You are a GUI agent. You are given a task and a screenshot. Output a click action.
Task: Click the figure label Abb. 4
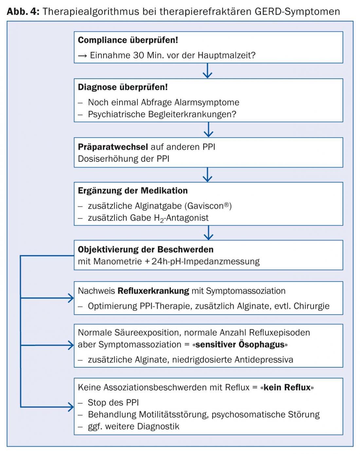(23, 11)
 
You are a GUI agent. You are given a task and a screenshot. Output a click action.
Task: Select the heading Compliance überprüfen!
(128, 40)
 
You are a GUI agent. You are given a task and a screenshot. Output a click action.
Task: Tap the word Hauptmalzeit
(226, 55)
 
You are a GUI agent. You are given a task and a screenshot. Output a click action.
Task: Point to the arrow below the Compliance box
(207, 71)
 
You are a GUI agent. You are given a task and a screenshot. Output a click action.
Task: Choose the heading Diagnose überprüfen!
(123, 87)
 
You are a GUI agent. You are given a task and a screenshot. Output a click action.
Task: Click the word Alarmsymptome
(207, 102)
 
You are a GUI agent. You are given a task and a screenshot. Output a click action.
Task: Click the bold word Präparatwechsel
(113, 147)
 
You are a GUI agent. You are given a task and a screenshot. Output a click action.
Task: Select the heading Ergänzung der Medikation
(133, 191)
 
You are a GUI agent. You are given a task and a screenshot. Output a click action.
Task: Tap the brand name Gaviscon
(207, 206)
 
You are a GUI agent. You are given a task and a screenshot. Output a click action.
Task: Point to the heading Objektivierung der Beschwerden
(146, 250)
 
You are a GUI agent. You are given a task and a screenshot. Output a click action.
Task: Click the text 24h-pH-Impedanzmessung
(205, 262)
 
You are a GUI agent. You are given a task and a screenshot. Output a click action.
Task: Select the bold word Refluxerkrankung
(153, 291)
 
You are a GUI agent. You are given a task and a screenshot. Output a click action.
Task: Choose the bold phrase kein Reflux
(287, 388)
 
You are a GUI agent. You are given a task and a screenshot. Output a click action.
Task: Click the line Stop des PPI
(113, 403)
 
